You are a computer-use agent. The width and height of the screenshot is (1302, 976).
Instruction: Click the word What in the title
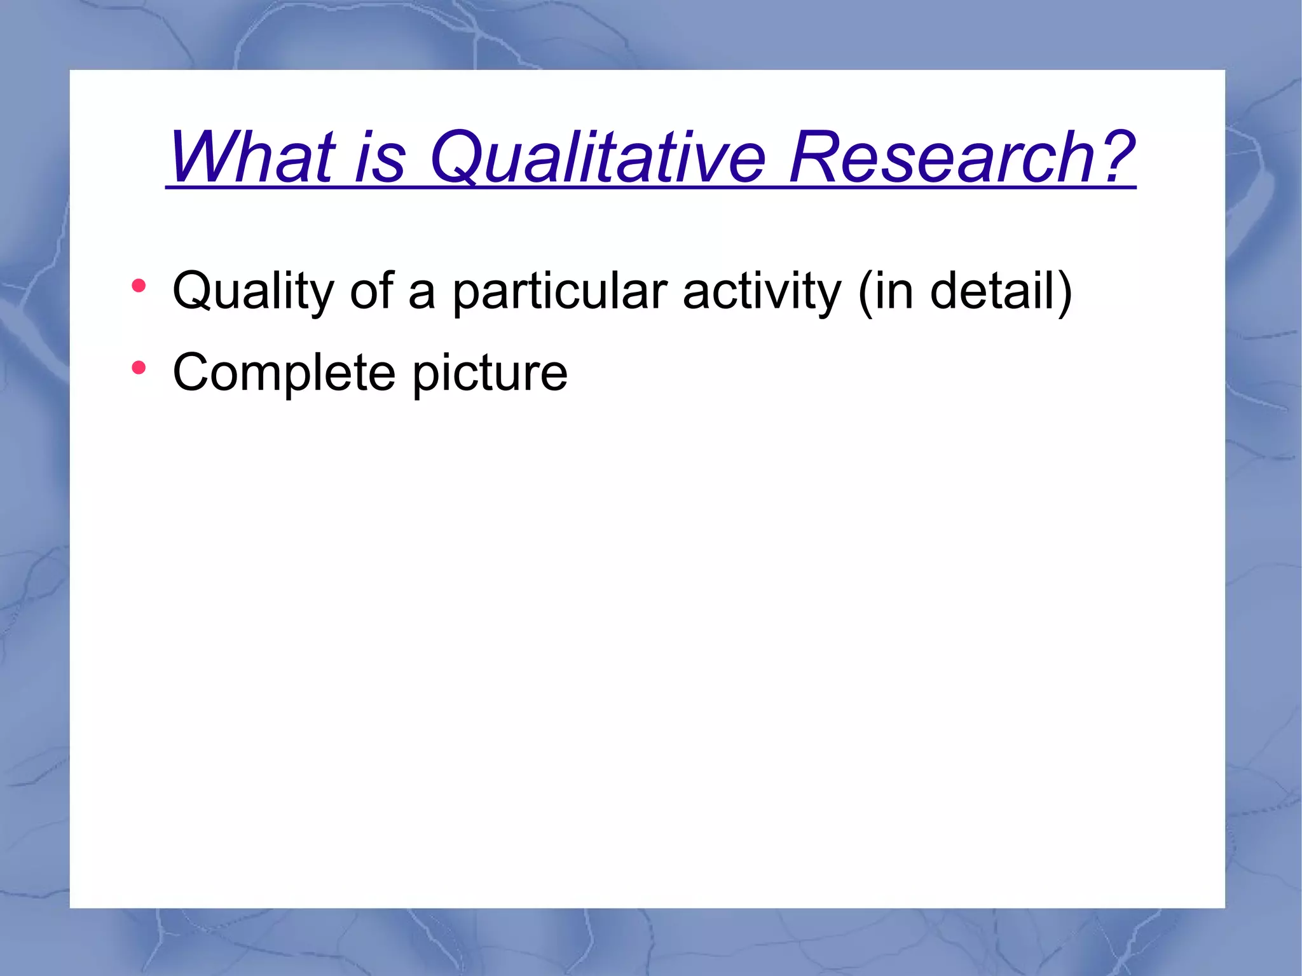pyautogui.click(x=252, y=157)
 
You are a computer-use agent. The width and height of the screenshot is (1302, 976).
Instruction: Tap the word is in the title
pyautogui.click(x=380, y=157)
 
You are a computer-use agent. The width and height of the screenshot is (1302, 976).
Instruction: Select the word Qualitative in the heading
pyautogui.click(x=598, y=157)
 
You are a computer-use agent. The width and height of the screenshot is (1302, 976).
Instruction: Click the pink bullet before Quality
pyautogui.click(x=139, y=286)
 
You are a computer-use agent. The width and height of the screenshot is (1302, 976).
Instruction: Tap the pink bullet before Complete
pyautogui.click(x=139, y=368)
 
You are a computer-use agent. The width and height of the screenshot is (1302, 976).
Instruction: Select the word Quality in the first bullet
pyautogui.click(x=252, y=291)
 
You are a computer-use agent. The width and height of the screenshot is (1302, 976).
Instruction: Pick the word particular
pyautogui.click(x=559, y=291)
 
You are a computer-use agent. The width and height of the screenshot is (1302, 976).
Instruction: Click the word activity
pyautogui.click(x=762, y=291)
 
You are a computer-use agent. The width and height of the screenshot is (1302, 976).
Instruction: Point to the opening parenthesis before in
pyautogui.click(x=865, y=291)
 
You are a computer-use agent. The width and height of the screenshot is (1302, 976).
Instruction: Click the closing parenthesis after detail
pyautogui.click(x=1064, y=291)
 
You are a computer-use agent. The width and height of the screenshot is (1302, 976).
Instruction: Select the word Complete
pyautogui.click(x=284, y=373)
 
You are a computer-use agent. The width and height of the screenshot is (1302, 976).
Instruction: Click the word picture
pyautogui.click(x=490, y=373)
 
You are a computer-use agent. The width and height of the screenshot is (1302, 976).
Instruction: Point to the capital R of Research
pyautogui.click(x=814, y=157)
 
